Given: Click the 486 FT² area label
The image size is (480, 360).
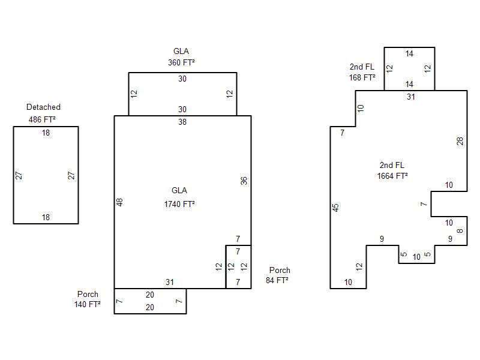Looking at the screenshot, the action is [42, 119].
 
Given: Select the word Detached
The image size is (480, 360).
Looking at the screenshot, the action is [43, 107].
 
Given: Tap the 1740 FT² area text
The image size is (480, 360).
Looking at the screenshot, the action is [179, 204].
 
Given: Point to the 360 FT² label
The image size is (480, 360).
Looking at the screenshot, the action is [182, 62].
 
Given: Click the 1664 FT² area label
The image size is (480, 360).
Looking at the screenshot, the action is [392, 176].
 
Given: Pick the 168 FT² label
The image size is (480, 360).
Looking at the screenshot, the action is [362, 77].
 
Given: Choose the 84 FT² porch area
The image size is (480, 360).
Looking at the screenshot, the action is [277, 280].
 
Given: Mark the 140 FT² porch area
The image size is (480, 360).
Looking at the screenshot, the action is [87, 304].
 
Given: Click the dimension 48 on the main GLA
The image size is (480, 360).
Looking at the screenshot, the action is [119, 202].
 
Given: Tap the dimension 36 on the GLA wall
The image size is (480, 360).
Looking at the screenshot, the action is [244, 181].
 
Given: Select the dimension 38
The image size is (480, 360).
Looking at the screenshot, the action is [182, 122].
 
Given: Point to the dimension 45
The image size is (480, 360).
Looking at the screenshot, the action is [335, 208].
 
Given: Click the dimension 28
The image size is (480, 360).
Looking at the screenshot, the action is [460, 141].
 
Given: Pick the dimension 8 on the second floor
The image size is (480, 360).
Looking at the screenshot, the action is [460, 231].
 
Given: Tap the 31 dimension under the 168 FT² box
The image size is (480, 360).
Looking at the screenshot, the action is [411, 97].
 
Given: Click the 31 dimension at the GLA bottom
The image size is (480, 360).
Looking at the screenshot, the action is [170, 282].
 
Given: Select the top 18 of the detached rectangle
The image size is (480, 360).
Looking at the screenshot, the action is [46, 133].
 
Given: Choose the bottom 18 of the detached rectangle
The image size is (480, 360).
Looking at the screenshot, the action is [46, 217].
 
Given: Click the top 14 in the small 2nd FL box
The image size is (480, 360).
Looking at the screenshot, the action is [409, 53].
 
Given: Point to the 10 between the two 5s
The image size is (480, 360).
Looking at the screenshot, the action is [416, 257].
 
